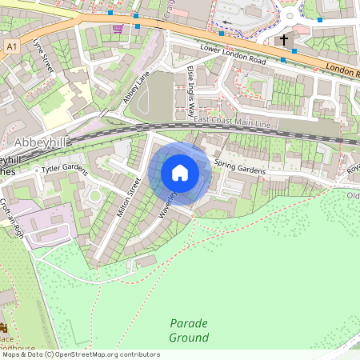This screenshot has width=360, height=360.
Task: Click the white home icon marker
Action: (x=180, y=173)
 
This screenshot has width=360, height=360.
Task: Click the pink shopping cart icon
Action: (x=118, y=29)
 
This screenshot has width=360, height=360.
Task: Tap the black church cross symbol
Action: (x=283, y=39)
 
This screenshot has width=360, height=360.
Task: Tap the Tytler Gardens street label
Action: (x=64, y=167)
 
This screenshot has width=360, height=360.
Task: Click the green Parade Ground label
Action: (x=189, y=330)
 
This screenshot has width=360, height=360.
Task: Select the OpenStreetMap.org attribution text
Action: (x=104, y=354)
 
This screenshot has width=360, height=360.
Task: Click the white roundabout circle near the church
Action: (x=290, y=14)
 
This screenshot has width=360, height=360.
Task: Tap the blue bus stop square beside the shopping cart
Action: (x=138, y=26)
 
